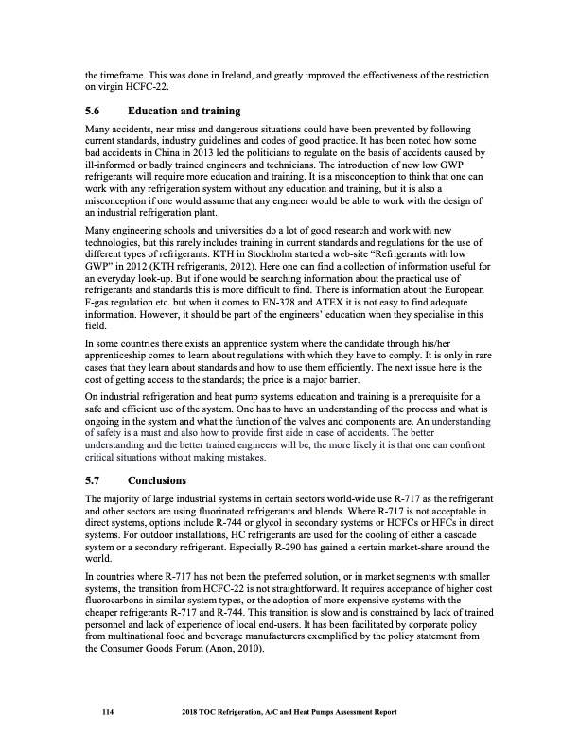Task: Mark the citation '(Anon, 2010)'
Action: [238, 649]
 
